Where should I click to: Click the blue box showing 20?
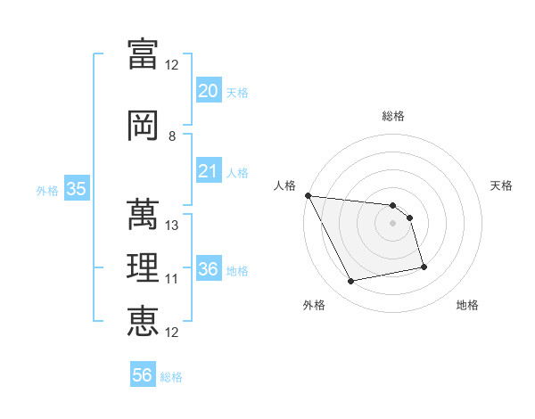208,91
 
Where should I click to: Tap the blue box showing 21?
208,171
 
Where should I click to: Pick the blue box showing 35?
76,189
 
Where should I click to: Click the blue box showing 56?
143,375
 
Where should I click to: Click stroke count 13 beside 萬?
172,226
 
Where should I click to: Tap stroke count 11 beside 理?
172,279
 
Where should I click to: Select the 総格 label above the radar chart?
393,116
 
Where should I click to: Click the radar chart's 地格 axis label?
467,305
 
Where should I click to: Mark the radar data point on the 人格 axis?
308,195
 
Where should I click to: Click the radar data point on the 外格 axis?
351,282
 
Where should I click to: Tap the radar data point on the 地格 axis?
424,267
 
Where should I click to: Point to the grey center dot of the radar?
393,223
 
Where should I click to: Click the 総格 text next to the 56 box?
172,377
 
